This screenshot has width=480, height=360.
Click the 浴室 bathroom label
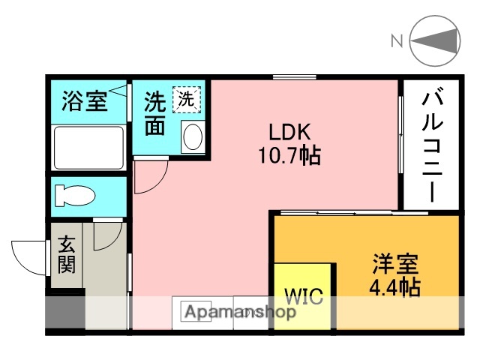[84, 101]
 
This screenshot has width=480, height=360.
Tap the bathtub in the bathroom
[88, 147]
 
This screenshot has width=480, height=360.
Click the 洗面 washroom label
[154, 113]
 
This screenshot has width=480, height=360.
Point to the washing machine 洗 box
[185, 97]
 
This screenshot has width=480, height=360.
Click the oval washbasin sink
[192, 136]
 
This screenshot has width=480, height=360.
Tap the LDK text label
[289, 132]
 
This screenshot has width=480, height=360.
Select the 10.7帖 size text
[289, 156]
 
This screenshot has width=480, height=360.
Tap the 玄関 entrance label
[67, 255]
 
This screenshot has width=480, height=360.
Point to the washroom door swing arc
[150, 177]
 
